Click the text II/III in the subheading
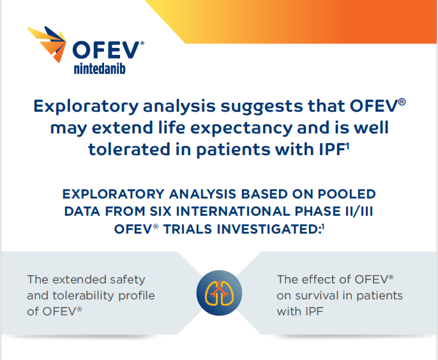(x=356, y=211)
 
